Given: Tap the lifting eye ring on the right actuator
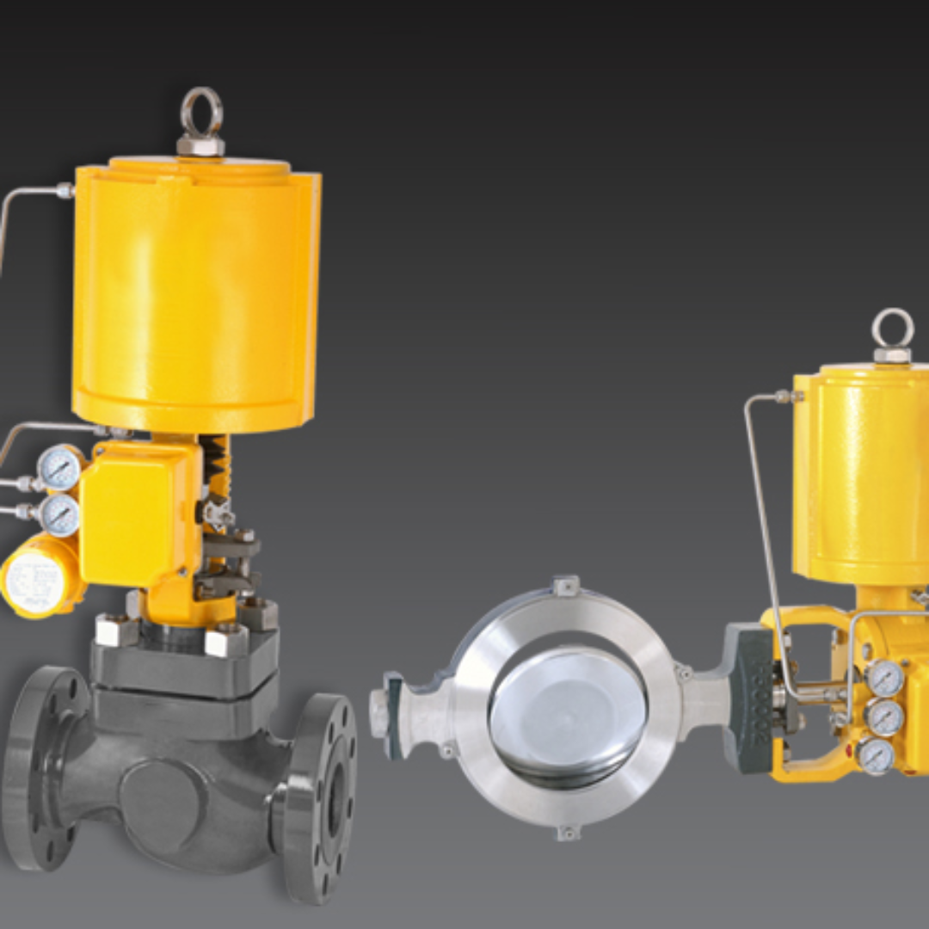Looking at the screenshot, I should pos(892,329).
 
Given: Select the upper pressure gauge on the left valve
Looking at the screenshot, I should pos(59,468).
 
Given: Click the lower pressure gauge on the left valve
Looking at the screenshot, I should pos(59,515).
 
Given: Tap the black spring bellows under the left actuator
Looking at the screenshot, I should pos(216,464).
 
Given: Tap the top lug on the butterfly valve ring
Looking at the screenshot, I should pos(565,587).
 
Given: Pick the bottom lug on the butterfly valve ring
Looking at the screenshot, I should pos(566,832).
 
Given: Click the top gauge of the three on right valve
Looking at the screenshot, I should pos(883,679).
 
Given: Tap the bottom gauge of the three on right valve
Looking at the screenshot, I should pos(875,755).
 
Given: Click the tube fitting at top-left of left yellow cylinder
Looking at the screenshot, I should pos(65,191).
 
